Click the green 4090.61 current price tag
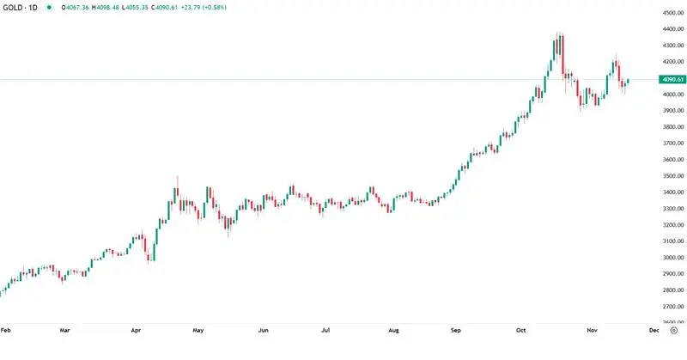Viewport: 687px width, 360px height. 672,80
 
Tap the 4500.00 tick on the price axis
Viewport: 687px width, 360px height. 672,13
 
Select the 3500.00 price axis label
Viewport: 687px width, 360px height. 672,176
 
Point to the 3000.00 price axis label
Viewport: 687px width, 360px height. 672,258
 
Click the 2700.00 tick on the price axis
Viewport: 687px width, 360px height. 672,307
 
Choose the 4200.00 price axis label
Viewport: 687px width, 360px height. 672,62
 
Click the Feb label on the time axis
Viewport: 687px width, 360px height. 6,330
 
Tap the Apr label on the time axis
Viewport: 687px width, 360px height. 136,330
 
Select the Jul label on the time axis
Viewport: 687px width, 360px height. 325,330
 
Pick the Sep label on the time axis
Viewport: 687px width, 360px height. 457,330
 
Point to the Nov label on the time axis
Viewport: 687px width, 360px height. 591,330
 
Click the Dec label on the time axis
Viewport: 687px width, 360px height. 654,330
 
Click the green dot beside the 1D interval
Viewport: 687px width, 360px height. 49,7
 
